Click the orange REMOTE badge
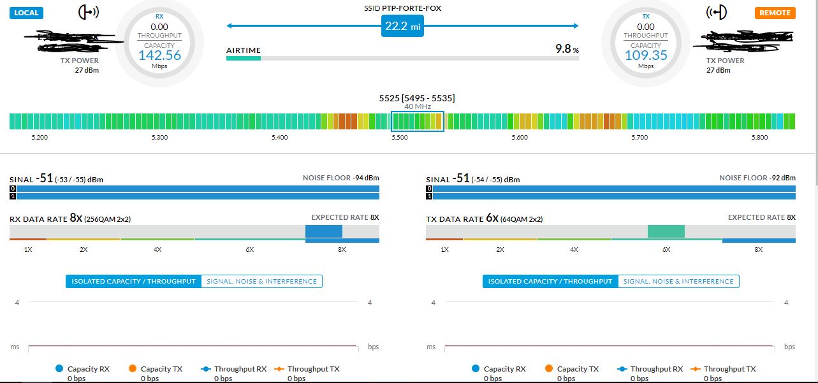point(775,13)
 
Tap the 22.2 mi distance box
point(402,26)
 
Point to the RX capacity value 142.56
point(159,55)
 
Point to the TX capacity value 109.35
point(646,55)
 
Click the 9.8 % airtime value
point(567,49)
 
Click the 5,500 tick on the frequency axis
point(399,137)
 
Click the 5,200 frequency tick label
point(40,137)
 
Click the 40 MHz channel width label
point(418,106)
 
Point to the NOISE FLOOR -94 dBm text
point(340,178)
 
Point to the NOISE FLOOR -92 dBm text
point(757,178)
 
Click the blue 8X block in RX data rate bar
point(324,231)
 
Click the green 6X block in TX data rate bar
point(666,231)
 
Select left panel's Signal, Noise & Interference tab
point(261,281)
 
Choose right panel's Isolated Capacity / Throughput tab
point(550,281)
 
